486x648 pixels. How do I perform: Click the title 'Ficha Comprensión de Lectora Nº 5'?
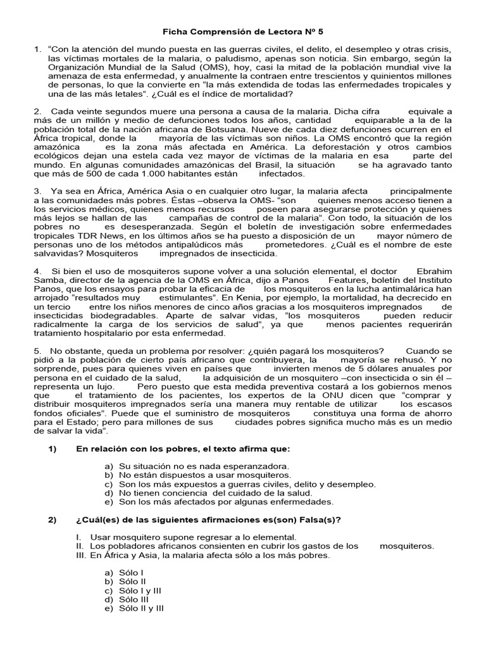pos(243,30)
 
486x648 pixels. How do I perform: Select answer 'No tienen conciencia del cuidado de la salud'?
pos(215,493)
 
